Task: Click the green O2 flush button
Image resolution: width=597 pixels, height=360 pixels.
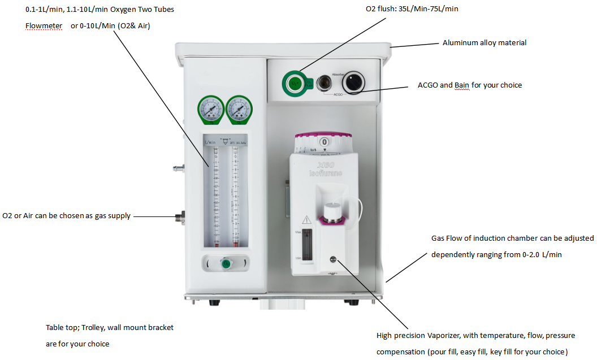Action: tap(294, 84)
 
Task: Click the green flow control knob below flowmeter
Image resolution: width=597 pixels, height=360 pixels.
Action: tap(226, 264)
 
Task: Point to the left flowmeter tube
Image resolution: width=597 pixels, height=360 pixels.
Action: tap(215, 195)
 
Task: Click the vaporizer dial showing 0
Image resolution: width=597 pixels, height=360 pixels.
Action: tap(325, 142)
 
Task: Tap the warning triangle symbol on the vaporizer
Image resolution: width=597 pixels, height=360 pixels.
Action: tap(306, 219)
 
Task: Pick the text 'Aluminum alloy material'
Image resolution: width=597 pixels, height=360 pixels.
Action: tap(484, 43)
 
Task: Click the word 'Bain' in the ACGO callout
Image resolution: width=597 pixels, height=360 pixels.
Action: tap(463, 85)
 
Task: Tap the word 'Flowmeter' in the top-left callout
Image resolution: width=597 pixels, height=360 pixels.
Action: tap(44, 26)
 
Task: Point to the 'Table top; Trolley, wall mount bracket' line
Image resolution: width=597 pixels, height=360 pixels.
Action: tap(110, 327)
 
